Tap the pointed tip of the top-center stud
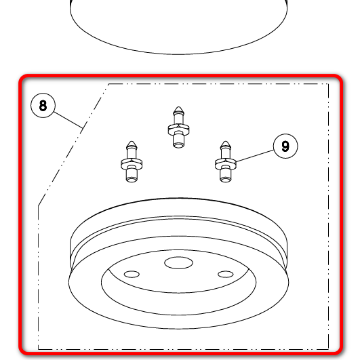pyautogui.click(x=178, y=107)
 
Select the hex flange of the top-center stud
pyautogui.click(x=178, y=129)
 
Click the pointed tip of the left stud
pyautogui.click(x=132, y=142)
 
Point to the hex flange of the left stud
pyautogui.click(x=132, y=163)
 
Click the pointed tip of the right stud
pyautogui.click(x=226, y=142)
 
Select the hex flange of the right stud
pyautogui.click(x=226, y=163)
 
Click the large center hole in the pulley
pyautogui.click(x=178, y=262)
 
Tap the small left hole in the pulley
pyautogui.click(x=132, y=274)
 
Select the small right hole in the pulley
pyautogui.click(x=226, y=274)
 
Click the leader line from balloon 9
pyautogui.click(x=255, y=156)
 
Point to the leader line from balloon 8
pyautogui.click(x=68, y=120)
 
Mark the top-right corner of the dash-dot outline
pyautogui.click(x=329, y=84)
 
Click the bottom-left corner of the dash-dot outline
pyautogui.click(x=39, y=349)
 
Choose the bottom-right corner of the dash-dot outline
pyautogui.click(x=329, y=349)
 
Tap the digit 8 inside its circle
pyautogui.click(x=43, y=106)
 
